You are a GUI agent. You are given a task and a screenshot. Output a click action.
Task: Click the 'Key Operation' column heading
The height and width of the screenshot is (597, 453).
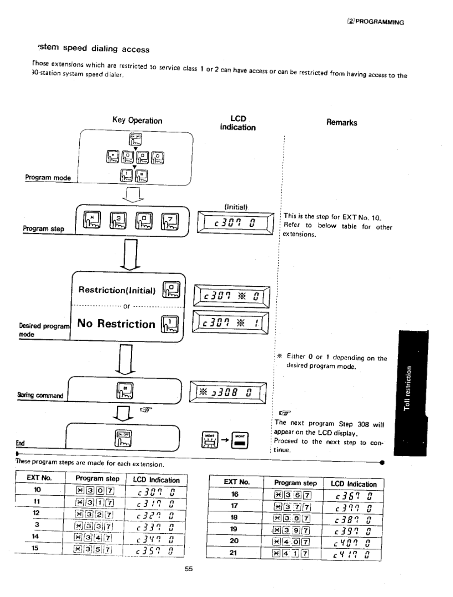(137, 120)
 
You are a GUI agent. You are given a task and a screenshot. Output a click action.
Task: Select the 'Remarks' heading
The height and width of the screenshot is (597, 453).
(341, 123)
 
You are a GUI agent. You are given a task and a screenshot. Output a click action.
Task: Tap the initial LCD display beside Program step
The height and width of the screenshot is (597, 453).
(235, 223)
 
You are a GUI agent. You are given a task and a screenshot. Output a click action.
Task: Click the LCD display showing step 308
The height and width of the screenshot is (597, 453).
(228, 392)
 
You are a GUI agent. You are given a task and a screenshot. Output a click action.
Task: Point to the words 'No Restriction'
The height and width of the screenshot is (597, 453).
(116, 323)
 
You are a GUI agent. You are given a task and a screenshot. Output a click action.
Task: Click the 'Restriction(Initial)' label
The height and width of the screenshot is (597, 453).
(117, 290)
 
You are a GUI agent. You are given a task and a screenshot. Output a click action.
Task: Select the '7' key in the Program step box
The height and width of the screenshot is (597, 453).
(169, 221)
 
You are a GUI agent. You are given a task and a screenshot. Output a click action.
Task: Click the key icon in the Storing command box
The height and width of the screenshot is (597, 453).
(124, 391)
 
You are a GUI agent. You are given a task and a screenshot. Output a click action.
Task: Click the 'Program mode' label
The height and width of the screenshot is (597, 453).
(48, 178)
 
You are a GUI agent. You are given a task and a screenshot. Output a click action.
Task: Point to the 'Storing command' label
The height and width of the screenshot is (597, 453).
(40, 396)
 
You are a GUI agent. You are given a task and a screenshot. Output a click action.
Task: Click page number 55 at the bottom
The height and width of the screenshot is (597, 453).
(189, 569)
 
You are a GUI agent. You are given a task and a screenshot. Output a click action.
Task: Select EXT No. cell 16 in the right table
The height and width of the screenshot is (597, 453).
(235, 494)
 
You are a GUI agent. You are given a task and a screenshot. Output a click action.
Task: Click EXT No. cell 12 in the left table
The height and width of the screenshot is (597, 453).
(36, 513)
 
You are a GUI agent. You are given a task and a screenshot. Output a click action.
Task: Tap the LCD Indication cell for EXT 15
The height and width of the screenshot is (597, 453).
(155, 550)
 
